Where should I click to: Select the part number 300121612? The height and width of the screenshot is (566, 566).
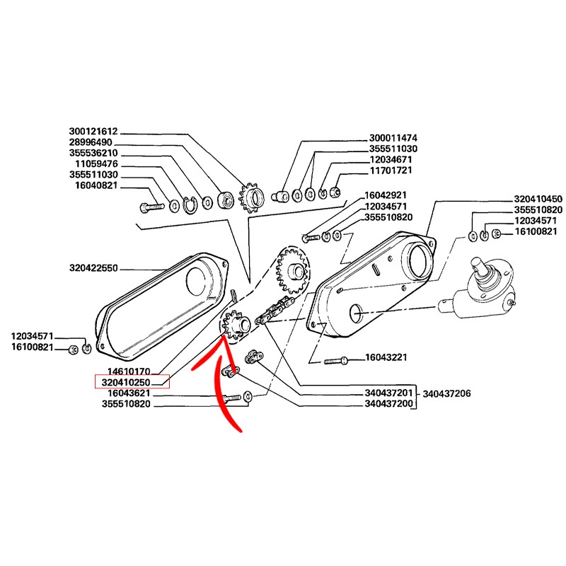pyautogui.click(x=93, y=132)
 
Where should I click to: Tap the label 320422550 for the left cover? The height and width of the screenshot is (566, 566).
pyautogui.click(x=93, y=269)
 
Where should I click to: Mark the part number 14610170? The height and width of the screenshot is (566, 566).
pyautogui.click(x=130, y=371)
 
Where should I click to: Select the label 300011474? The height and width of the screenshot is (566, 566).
pyautogui.click(x=393, y=138)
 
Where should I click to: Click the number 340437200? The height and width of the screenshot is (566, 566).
pyautogui.click(x=388, y=405)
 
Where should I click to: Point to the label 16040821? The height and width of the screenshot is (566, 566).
pyautogui.click(x=96, y=186)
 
